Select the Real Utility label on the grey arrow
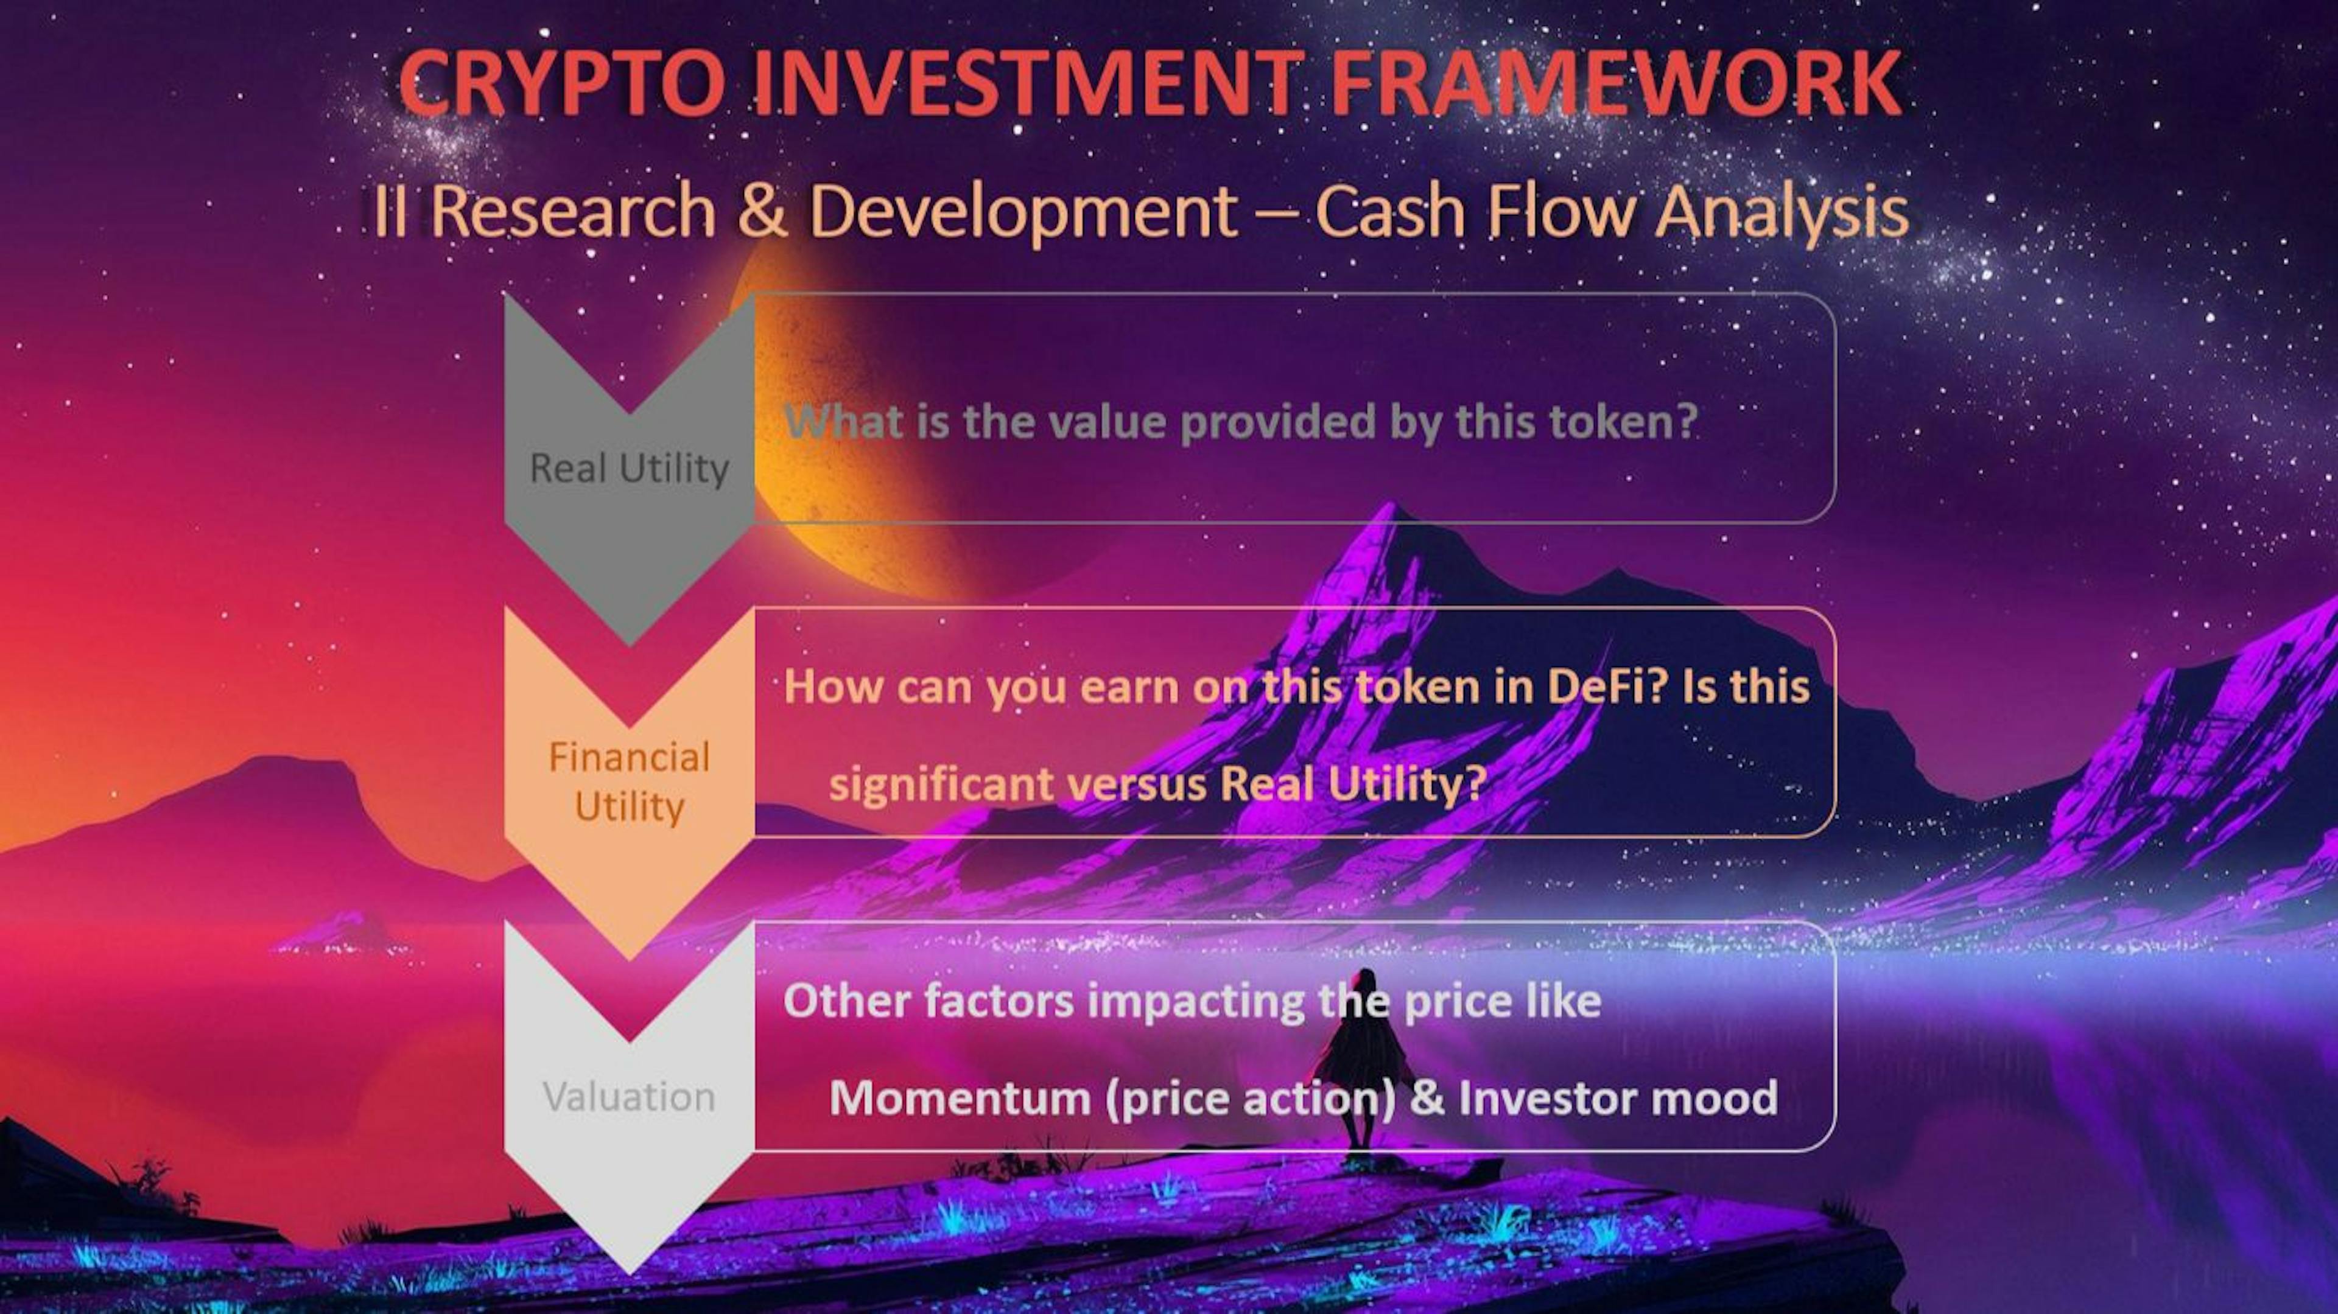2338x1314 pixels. click(x=629, y=468)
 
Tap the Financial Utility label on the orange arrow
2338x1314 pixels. click(x=629, y=781)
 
